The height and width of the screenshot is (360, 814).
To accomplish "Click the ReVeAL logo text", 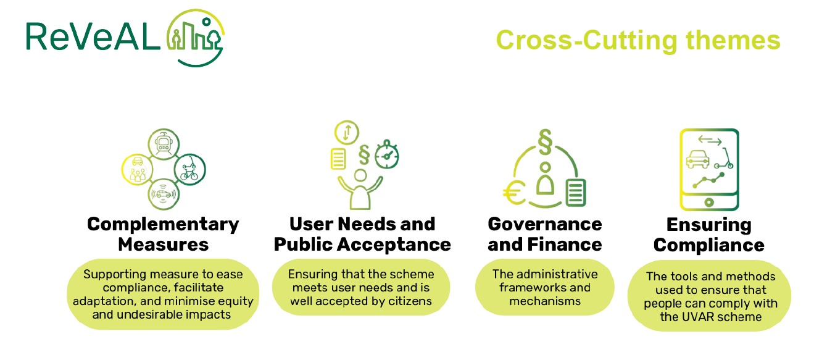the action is click(93, 36).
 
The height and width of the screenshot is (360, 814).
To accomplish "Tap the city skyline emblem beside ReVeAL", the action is click(196, 38).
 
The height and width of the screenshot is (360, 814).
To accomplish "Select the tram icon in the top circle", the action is click(164, 144).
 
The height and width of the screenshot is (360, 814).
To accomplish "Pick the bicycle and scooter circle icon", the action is click(189, 169).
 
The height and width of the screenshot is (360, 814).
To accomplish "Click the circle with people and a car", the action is click(138, 170).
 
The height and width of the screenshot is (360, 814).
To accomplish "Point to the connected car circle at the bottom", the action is click(164, 194).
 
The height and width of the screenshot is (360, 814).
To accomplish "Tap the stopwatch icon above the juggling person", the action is click(387, 155).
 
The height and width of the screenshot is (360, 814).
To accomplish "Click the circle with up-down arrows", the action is click(347, 132).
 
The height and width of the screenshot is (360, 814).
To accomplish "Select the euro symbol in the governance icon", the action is click(514, 193).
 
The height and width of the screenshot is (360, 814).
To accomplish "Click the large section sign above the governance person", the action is click(545, 142).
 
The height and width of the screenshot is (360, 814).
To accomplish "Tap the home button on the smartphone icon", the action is click(709, 202).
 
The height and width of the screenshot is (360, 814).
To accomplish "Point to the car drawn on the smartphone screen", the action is click(697, 159).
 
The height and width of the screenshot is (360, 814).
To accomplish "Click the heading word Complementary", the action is click(163, 224).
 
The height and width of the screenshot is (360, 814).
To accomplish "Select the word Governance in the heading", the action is click(545, 224).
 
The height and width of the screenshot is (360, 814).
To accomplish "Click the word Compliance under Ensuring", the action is click(709, 245).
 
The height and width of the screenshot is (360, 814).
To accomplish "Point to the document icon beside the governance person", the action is click(576, 193).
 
